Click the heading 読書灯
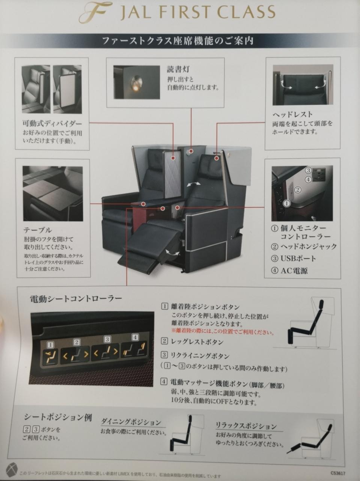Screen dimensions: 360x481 click(x=178, y=70)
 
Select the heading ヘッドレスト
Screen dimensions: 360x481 click(x=292, y=114)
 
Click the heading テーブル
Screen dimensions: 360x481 click(x=38, y=230)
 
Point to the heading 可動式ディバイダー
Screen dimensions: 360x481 click(x=52, y=124)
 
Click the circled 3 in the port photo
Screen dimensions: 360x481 click(x=308, y=170)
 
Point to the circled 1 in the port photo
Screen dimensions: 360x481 click(x=286, y=203)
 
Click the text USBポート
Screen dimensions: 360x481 click(x=298, y=259)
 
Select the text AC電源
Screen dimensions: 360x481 click(x=294, y=271)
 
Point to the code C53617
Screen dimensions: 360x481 click(x=338, y=473)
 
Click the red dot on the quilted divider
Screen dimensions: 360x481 click(x=173, y=158)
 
